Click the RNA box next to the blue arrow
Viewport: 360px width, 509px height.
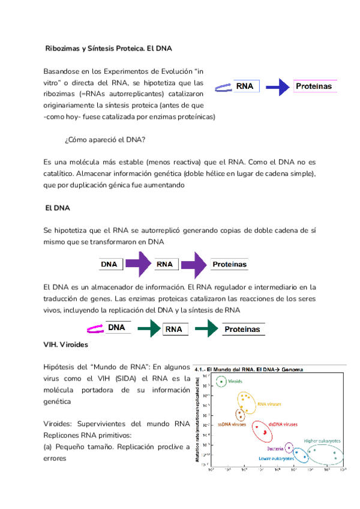(x=245, y=86)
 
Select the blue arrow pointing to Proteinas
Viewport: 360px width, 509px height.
(x=277, y=88)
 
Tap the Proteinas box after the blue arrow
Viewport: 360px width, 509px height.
(x=314, y=87)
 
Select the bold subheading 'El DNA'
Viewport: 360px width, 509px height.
(x=58, y=208)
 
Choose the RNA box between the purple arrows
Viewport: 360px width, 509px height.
(x=164, y=264)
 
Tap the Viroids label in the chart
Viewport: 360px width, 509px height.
(x=235, y=381)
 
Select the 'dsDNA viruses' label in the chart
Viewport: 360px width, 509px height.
(x=283, y=424)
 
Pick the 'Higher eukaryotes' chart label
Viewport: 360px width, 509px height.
(x=322, y=441)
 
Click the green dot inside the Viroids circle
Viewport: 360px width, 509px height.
(x=221, y=381)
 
